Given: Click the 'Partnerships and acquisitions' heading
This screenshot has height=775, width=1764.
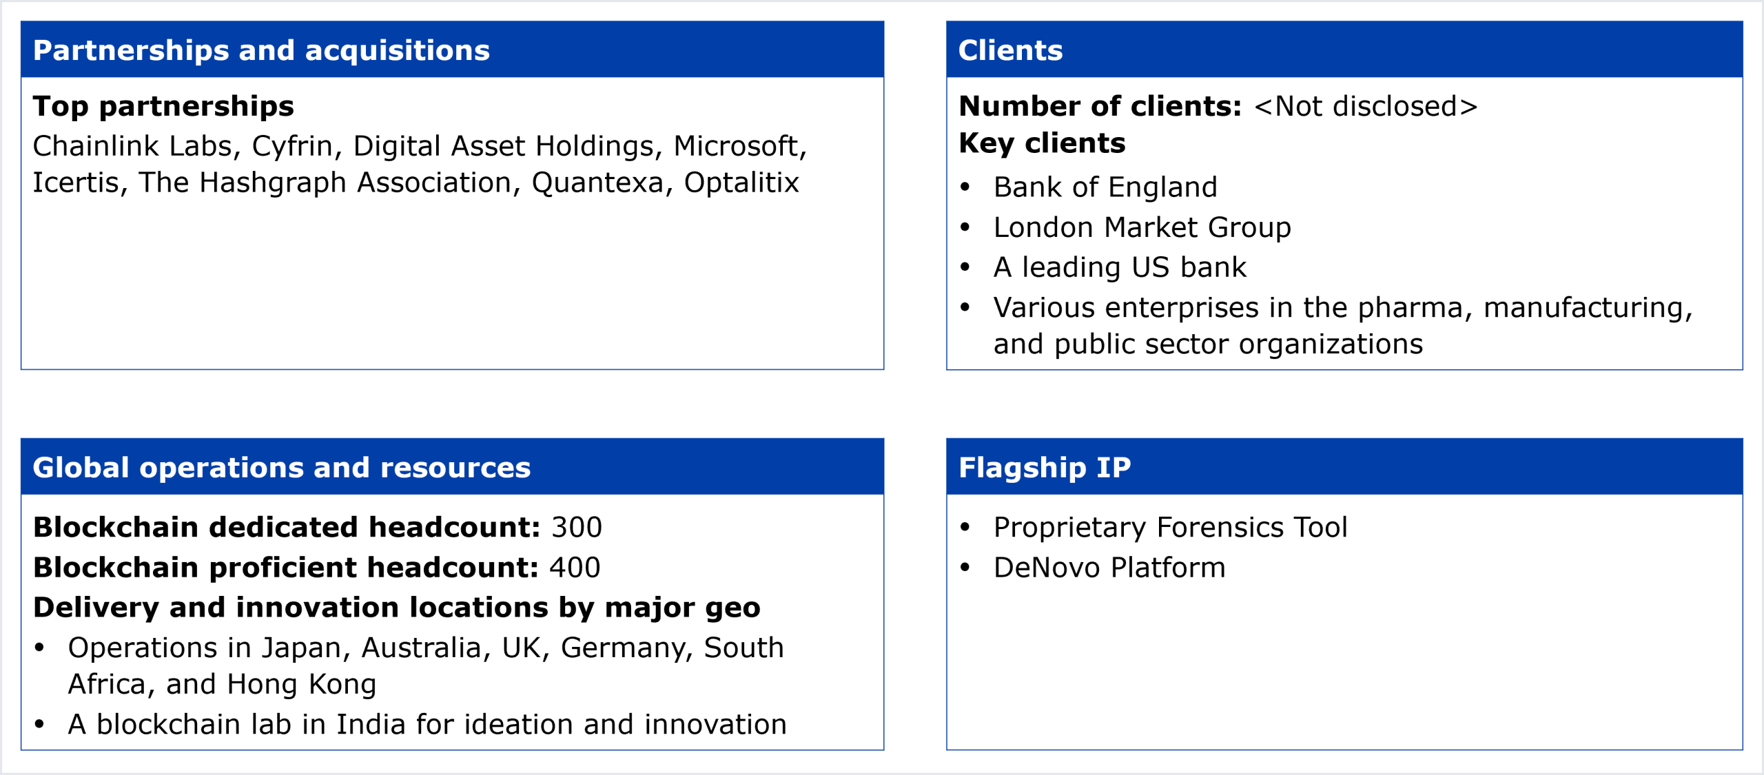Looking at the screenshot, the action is pyautogui.click(x=261, y=50).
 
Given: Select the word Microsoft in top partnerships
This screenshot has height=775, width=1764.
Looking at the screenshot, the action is pyautogui.click(x=736, y=146).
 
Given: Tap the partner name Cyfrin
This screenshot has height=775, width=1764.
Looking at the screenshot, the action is pyautogui.click(x=292, y=147).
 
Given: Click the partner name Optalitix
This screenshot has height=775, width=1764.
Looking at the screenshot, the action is pyautogui.click(x=741, y=183).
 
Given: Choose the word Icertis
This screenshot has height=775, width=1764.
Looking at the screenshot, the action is pyautogui.click(x=76, y=183).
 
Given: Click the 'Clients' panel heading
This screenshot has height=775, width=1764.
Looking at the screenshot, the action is pyautogui.click(x=1010, y=50).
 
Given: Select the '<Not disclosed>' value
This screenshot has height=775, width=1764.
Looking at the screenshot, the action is pyautogui.click(x=1366, y=106).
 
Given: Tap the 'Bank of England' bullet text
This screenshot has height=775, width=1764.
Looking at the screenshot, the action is pyautogui.click(x=1105, y=187).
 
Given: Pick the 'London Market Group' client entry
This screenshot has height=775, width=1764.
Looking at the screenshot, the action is pyautogui.click(x=1142, y=227).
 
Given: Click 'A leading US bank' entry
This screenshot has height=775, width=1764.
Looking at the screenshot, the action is pyautogui.click(x=1120, y=267).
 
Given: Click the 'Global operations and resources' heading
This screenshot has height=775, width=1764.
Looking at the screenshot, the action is pyautogui.click(x=282, y=468).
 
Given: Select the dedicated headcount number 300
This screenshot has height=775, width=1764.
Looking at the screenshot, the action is pyautogui.click(x=577, y=528).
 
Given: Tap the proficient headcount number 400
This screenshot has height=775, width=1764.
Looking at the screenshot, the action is pyautogui.click(x=575, y=568).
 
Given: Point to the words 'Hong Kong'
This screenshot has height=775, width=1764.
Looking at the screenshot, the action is pyautogui.click(x=301, y=685).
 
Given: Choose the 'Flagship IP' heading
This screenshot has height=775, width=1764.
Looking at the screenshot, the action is pyautogui.click(x=1045, y=468).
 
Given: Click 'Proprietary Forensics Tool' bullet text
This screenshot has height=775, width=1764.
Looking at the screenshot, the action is pyautogui.click(x=1170, y=528).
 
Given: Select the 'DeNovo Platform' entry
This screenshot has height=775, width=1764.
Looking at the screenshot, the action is pyautogui.click(x=1109, y=568).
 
